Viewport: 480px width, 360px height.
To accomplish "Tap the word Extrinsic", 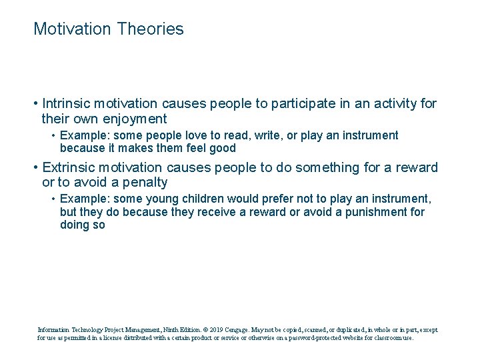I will (x=68, y=167).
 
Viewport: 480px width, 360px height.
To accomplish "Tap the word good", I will (x=222, y=149).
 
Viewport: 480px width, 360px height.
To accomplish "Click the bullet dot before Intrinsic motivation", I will (x=35, y=104).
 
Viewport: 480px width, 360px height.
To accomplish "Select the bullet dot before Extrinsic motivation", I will (x=35, y=167).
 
